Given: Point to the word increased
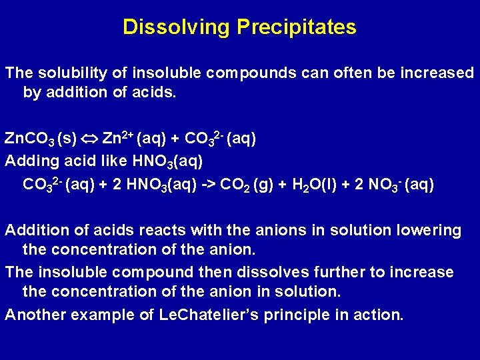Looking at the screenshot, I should coord(437,72).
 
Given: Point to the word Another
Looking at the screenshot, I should coord(33,315).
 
